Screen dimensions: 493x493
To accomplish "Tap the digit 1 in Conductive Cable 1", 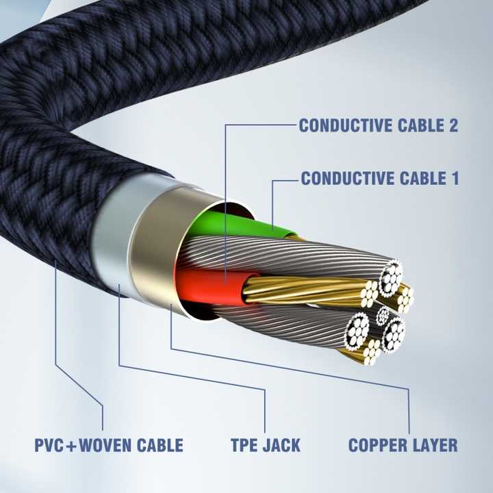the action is (455, 178).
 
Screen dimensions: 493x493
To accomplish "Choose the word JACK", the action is (281, 445).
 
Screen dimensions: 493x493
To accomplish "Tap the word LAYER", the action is (432, 445).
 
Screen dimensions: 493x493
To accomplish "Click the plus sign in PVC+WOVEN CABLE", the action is (71, 446).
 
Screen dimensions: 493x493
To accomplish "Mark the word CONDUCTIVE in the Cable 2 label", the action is (346, 125).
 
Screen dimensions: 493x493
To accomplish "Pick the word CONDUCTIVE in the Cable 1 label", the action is (347, 178).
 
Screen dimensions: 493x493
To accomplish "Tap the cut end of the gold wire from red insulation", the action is (369, 294).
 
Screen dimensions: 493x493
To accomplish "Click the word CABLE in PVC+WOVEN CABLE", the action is (160, 445).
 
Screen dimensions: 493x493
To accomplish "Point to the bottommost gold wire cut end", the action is (372, 352).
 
